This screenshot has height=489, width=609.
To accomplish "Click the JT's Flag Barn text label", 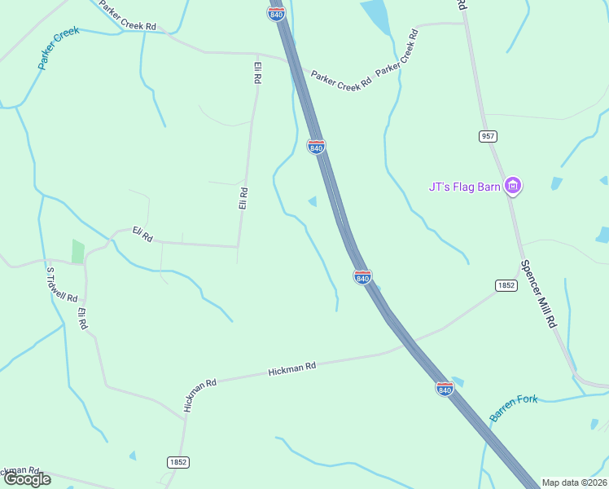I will tap(464, 187).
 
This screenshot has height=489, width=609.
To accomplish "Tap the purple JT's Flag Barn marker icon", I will tap(513, 187).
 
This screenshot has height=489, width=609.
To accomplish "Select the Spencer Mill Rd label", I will tap(538, 294).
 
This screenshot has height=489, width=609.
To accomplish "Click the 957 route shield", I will tap(488, 135).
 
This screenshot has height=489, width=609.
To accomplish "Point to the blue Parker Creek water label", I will tap(59, 48).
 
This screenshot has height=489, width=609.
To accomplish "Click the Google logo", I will tap(26, 479).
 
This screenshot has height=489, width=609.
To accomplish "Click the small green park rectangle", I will tap(78, 251).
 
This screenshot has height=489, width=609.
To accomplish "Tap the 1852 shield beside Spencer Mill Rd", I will tap(506, 285).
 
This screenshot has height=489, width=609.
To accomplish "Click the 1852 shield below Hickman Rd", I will tap(178, 462).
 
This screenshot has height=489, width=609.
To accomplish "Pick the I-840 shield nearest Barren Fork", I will tap(445, 389).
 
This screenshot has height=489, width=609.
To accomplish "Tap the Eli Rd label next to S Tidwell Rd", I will tap(82, 319).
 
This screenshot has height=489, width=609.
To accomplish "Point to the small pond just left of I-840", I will tap(313, 201).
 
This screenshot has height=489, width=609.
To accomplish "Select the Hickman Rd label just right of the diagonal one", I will tap(291, 369).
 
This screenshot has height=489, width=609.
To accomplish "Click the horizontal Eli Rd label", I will tap(142, 236).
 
